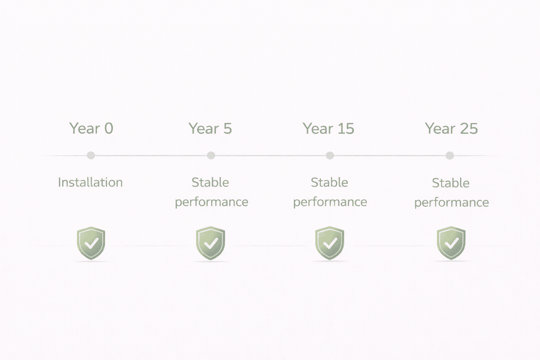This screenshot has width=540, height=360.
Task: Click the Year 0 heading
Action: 91,128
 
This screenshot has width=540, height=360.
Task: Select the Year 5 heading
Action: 210,129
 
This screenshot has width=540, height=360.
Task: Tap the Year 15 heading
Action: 328,129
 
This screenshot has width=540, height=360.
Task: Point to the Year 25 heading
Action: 451,129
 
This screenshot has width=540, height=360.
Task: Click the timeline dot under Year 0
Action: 91,155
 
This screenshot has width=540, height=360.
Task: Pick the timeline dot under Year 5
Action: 211,155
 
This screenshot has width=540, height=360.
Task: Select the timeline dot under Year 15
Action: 330,155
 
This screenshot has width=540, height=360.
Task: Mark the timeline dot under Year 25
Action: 450,155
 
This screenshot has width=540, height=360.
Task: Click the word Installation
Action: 90,182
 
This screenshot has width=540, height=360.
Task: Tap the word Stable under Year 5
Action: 210,182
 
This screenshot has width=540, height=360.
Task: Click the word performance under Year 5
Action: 211,202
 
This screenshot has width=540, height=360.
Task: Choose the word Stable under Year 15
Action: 329,182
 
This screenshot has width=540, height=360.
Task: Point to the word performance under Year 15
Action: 330,202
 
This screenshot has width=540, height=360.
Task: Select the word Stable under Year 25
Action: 451,183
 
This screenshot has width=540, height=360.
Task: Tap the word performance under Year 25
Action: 451,203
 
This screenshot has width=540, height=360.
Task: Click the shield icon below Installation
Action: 91,243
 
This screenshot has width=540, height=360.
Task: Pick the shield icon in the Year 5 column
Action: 211,243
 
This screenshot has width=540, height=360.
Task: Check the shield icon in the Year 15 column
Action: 330,243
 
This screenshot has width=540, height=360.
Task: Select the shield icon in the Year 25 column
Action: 451,243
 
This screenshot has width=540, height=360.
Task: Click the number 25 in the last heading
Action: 469,129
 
